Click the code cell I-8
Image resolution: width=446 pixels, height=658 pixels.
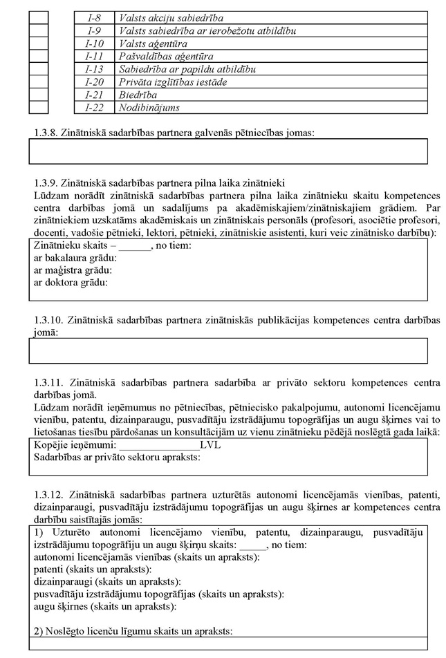pos(94,17)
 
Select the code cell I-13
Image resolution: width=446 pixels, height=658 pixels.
pos(94,69)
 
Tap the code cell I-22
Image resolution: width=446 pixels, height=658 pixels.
pos(94,108)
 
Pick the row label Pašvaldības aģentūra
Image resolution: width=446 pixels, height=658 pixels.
pos(166,56)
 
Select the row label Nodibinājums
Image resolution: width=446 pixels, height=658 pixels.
pos(149,108)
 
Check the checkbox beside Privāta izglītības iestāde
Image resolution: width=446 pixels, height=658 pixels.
pos(39,82)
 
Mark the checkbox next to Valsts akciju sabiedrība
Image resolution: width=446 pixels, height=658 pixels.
pos(39,17)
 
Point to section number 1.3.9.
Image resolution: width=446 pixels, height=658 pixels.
pos(46,184)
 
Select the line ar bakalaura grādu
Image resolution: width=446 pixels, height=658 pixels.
pos(75,258)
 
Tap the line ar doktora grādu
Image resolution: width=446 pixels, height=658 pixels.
pos(71,282)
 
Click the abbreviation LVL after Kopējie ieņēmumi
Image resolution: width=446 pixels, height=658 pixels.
pos(210,445)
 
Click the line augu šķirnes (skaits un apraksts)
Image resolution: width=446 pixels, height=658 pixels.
pos(104,606)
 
